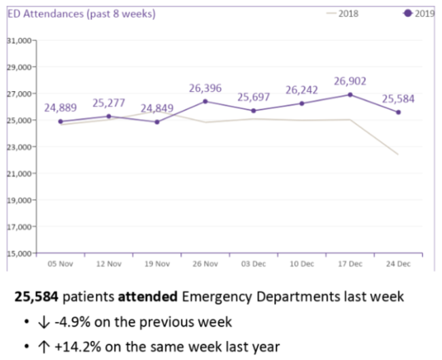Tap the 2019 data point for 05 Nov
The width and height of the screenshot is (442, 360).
click(61, 122)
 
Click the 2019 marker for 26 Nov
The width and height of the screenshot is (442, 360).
click(205, 101)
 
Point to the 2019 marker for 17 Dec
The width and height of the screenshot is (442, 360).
click(350, 95)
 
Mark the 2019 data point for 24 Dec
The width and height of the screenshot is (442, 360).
click(398, 112)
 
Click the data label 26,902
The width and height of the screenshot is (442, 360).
click(350, 82)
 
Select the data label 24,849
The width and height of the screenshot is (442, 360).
click(157, 108)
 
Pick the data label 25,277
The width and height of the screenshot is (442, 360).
click(109, 103)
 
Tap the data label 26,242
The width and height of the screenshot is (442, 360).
click(302, 90)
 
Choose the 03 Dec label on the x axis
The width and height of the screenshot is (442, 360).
click(254, 263)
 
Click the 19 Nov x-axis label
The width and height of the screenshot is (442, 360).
click(157, 263)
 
